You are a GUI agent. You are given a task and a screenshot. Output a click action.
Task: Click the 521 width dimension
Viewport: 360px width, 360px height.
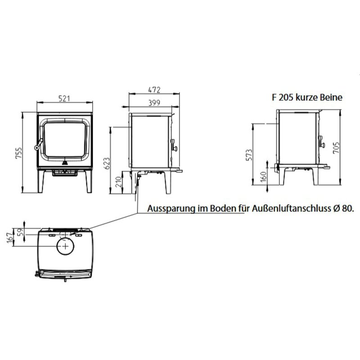[64, 97]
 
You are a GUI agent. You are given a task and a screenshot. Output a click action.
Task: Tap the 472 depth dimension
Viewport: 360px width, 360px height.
[154, 90]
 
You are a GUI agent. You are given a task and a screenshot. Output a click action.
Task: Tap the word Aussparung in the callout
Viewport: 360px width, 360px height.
[167, 210]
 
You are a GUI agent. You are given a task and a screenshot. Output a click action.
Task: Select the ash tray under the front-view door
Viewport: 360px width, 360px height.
[64, 172]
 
